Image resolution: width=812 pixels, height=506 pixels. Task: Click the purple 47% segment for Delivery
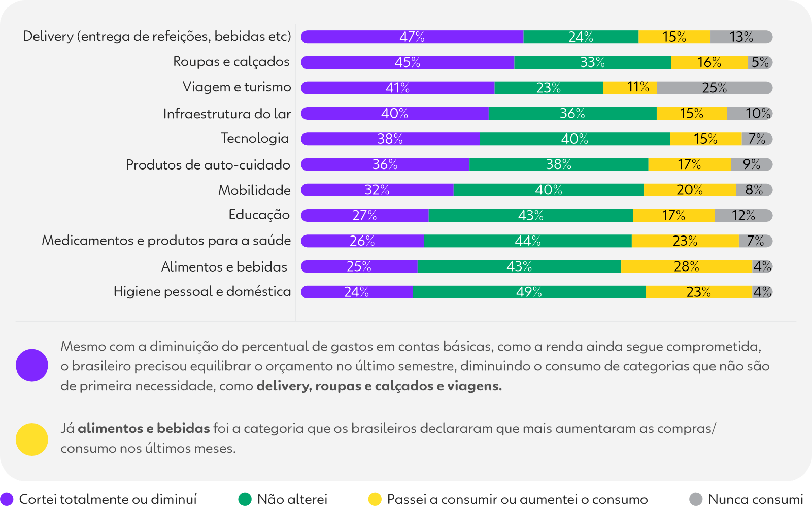[412, 37]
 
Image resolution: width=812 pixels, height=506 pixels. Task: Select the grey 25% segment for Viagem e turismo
[714, 88]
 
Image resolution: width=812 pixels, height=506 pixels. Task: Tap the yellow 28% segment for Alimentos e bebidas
[686, 266]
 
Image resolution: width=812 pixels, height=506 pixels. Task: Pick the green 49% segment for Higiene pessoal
[529, 292]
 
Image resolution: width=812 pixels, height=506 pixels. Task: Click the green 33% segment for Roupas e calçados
[592, 62]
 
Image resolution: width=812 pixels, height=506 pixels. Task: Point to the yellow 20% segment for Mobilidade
[690, 190]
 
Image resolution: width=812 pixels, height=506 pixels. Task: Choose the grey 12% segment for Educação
[743, 215]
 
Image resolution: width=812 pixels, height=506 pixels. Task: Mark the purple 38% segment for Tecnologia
[390, 139]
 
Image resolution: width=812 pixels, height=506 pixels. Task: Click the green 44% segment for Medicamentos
[528, 241]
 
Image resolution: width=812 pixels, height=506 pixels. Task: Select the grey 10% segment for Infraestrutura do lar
[750, 113]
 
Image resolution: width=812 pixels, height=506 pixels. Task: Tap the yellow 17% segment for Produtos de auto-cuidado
[689, 164]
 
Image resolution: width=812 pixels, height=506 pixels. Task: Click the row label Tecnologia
[255, 138]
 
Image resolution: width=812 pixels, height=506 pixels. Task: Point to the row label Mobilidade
[254, 190]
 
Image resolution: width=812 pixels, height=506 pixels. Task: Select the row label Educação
[259, 215]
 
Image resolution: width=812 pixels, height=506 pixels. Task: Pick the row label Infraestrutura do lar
[227, 114]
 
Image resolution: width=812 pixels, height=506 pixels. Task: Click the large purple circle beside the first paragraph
[32, 365]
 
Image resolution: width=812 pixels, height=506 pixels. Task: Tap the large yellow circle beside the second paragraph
[32, 440]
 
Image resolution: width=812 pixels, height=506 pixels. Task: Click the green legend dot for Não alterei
[245, 499]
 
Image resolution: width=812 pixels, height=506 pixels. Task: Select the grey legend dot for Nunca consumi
[696, 499]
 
